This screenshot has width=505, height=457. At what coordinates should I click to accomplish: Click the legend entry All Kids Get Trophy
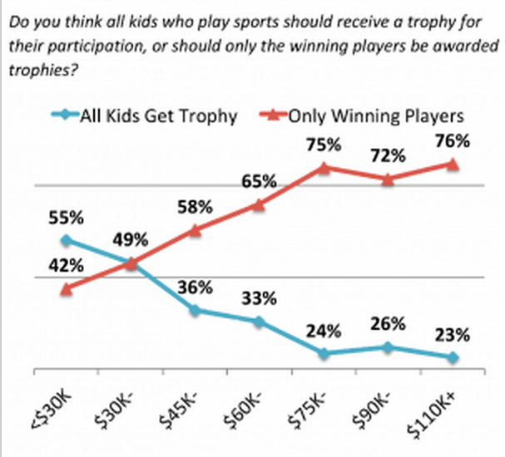point(158,115)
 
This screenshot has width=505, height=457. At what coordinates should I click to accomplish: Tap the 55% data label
point(66,219)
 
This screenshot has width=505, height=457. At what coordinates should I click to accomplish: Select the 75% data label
point(324,145)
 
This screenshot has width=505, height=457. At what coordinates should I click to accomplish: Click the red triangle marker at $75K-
point(324,167)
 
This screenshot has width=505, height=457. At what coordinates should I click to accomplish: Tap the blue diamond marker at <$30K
point(66,241)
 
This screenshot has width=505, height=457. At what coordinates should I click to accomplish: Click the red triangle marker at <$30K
point(66,288)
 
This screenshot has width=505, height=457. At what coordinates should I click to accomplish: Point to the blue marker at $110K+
point(452,357)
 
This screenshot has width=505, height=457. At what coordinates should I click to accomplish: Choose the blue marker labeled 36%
point(195,310)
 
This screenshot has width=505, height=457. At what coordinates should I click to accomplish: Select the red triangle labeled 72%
point(388,178)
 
